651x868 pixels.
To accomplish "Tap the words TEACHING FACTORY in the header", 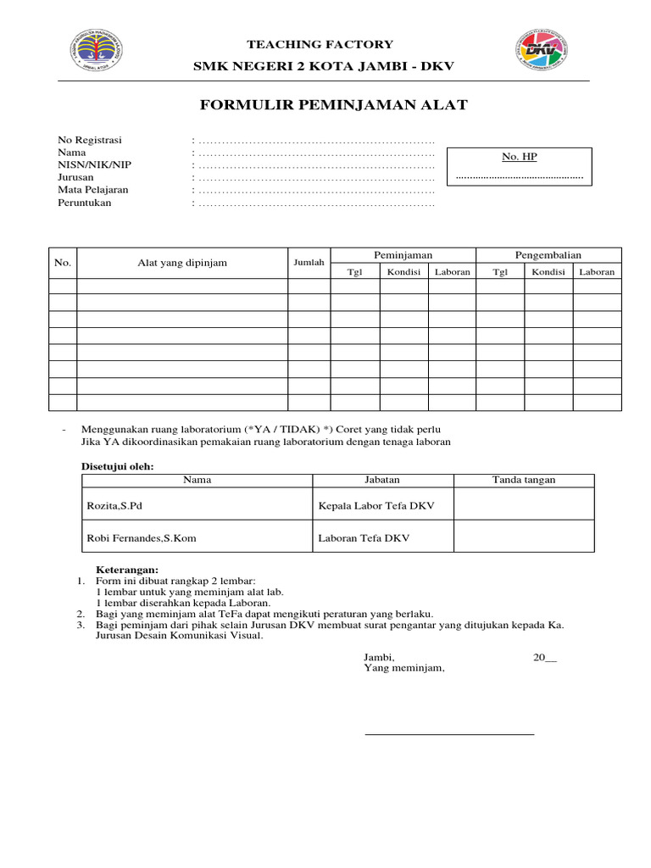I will [320, 44].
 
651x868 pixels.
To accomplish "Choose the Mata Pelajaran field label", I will [93, 190].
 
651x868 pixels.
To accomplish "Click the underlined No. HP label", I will [520, 157].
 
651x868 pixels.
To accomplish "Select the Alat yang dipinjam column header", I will [182, 263].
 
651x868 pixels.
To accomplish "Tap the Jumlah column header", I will [309, 263].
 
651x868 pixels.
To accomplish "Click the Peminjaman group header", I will [403, 255].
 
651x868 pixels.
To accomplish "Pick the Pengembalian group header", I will [548, 255].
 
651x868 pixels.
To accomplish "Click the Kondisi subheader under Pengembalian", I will [548, 271].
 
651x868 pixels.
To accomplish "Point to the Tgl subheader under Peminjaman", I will [355, 271].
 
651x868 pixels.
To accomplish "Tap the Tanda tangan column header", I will [524, 480].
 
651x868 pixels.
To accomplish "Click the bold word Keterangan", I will [126, 570].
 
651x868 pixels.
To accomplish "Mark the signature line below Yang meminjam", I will [449, 733].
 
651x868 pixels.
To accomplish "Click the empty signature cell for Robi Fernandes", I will [524, 537].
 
